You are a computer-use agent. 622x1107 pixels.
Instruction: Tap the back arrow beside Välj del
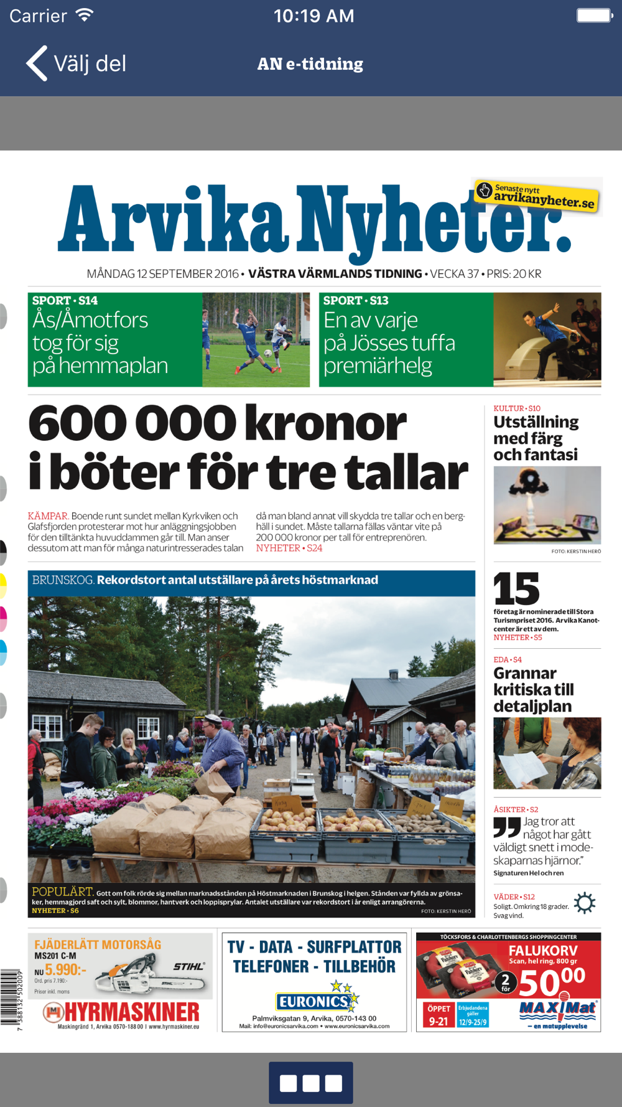pyautogui.click(x=37, y=64)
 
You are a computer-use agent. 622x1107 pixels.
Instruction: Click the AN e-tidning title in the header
pyautogui.click(x=310, y=64)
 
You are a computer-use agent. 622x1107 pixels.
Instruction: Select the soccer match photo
pyautogui.click(x=256, y=340)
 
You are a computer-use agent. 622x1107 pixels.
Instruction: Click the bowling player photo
pyautogui.click(x=547, y=340)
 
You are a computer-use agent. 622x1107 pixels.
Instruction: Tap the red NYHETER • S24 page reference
pyautogui.click(x=289, y=549)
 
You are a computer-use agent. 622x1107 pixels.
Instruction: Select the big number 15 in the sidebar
pyautogui.click(x=516, y=589)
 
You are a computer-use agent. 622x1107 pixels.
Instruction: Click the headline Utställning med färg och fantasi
pyautogui.click(x=536, y=438)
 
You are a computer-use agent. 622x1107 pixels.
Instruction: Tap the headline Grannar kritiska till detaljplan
pyautogui.click(x=534, y=690)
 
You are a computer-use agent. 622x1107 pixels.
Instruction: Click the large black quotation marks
pyautogui.click(x=507, y=827)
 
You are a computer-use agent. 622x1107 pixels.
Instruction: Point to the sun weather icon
pyautogui.click(x=584, y=903)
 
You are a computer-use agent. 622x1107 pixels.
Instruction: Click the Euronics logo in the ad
pyautogui.click(x=314, y=1001)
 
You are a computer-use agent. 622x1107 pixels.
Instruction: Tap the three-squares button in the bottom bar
pyautogui.click(x=311, y=1083)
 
